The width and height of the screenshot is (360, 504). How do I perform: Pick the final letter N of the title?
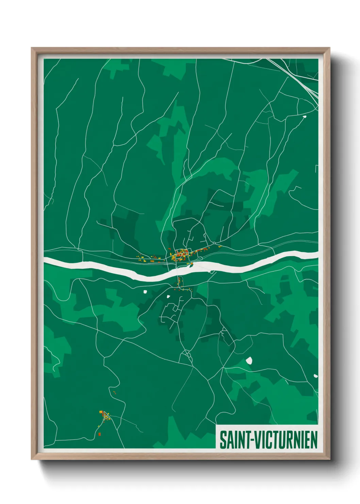314,440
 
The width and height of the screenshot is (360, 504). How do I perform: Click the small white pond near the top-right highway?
304,116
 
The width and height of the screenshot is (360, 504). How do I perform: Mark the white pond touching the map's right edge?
315,376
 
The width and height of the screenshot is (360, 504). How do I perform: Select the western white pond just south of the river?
145,292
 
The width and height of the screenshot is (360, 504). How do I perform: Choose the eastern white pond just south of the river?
168,296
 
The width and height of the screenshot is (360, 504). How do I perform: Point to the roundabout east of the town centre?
214,243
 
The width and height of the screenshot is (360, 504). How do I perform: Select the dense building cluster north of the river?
180,255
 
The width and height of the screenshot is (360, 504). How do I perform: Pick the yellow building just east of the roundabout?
220,246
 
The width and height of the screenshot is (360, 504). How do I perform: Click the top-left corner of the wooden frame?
32,48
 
